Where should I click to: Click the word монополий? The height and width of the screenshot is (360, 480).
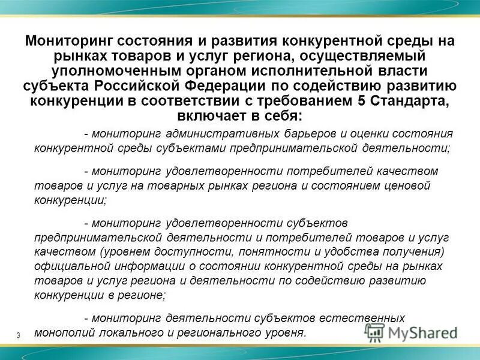click(x=59, y=332)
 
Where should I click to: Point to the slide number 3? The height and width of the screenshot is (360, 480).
click(x=19, y=335)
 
